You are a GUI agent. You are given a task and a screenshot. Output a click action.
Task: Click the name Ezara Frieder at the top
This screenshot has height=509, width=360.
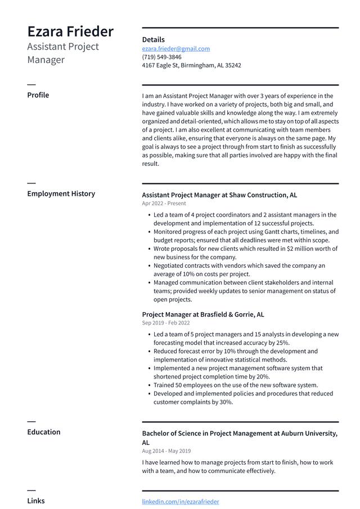coord(70,31)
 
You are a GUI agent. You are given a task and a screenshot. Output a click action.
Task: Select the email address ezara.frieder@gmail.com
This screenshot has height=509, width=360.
coord(175,49)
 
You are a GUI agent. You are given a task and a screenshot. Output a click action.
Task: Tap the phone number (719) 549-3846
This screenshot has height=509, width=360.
coord(161,57)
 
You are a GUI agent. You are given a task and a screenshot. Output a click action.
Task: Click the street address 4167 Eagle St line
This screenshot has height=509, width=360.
coord(191,66)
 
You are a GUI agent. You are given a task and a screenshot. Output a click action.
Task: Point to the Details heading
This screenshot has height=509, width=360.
coord(153,40)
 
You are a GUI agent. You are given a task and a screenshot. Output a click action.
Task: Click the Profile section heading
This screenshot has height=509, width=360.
coord(38,95)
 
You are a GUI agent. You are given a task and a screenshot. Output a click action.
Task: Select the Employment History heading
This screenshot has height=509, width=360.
coord(61,193)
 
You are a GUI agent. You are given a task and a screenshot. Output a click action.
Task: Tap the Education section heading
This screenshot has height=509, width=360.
coord(44,432)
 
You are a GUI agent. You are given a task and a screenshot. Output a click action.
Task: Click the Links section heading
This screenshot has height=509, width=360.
coord(36,501)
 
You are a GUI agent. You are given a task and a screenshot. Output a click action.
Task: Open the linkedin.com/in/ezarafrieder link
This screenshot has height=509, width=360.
coord(180,502)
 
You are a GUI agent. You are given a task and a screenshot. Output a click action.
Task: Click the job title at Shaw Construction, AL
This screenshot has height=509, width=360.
coord(219,195)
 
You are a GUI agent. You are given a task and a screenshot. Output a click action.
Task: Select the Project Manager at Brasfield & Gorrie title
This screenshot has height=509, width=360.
coord(202,314)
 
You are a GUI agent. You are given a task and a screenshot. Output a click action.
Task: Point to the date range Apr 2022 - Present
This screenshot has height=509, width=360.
coord(164,204)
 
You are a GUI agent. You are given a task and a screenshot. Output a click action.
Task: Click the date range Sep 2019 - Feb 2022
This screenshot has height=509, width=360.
coord(165,323)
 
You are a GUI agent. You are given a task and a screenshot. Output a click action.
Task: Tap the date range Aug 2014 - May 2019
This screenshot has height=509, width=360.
coord(166,451)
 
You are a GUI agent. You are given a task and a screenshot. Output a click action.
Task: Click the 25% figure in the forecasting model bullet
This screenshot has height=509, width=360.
coord(283,343)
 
